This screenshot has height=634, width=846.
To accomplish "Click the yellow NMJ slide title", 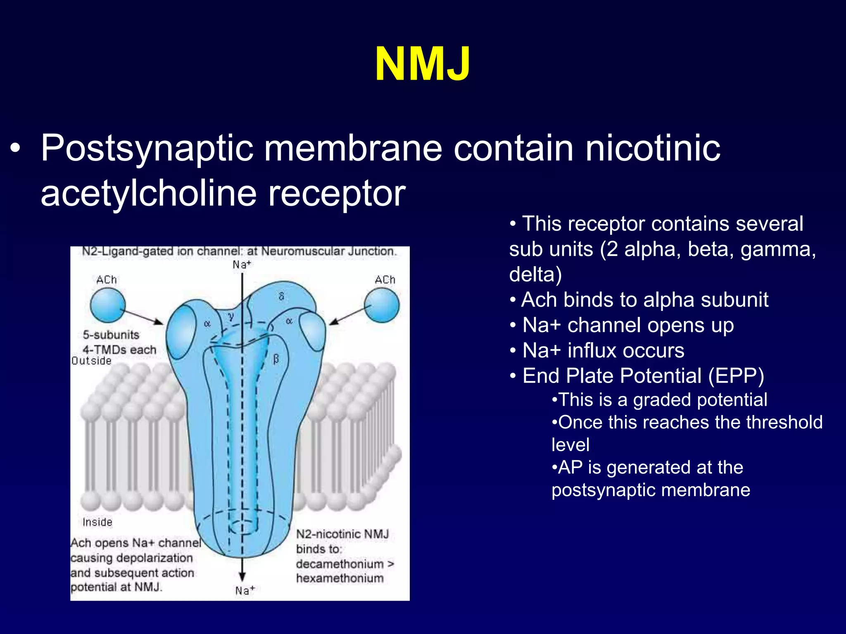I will click(422, 64).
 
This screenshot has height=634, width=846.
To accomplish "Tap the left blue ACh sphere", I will click(108, 305).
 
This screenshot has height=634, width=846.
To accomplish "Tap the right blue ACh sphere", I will click(382, 305).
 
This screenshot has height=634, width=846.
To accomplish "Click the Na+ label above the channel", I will click(242, 265).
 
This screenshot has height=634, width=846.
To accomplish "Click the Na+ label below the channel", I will click(245, 591).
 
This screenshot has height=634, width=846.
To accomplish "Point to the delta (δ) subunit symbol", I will click(281, 296).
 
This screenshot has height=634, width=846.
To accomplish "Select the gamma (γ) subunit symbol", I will click(231, 317).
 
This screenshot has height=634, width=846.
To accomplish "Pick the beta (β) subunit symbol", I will click(276, 359).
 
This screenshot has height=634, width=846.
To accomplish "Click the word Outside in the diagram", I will click(91, 361).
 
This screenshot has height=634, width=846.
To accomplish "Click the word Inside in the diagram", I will click(97, 522).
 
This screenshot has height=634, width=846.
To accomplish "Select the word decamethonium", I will click(340, 564).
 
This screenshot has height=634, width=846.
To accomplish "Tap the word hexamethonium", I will click(340, 578).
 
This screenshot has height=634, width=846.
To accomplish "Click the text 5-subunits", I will click(111, 335).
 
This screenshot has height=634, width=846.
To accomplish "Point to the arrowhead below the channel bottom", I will click(242, 577).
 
